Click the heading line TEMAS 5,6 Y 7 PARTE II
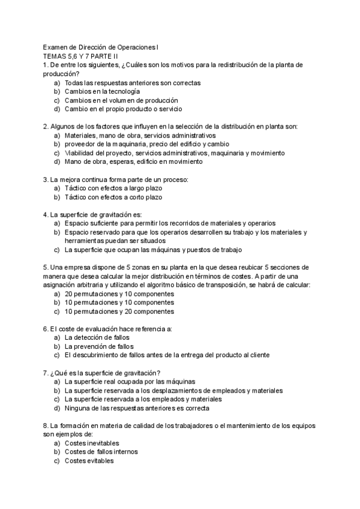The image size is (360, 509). coord(80,56)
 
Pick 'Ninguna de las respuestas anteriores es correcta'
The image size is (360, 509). coord(137,408)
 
